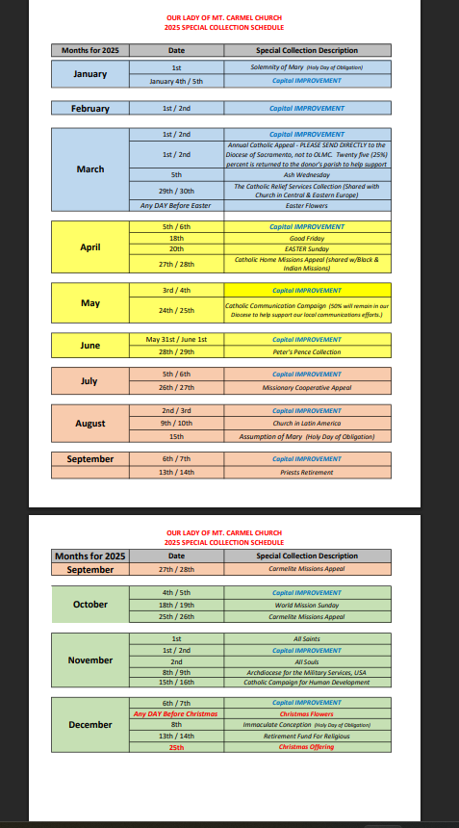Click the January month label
[x=89, y=74]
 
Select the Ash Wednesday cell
[x=307, y=175]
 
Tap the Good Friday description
[x=307, y=237]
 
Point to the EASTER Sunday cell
[x=307, y=247]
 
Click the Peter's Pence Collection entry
[x=307, y=352]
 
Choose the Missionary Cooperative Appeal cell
[x=307, y=387]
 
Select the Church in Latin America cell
[x=307, y=423]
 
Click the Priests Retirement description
[x=307, y=472]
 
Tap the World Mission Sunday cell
[x=307, y=605]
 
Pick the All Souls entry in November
[x=307, y=661]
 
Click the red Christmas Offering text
[x=307, y=747]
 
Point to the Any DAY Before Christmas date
[x=176, y=714]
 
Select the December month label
[x=89, y=725]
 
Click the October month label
[x=89, y=605]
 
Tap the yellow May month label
[x=89, y=303]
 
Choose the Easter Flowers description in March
[x=307, y=205]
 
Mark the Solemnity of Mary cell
[x=307, y=67]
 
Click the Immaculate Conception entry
[x=307, y=725]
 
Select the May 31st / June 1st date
[x=176, y=340]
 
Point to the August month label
[x=89, y=423]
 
